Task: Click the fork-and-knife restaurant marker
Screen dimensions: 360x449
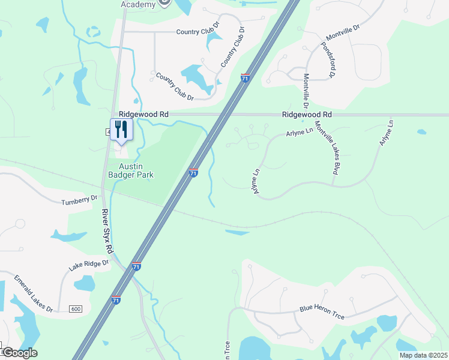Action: click(121, 129)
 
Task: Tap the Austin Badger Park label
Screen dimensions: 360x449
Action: click(136, 170)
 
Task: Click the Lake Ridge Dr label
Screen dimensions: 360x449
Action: click(88, 265)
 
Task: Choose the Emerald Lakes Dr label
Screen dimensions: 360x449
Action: click(34, 293)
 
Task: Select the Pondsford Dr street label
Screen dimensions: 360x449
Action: click(327, 60)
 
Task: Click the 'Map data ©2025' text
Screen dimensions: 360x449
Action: click(423, 355)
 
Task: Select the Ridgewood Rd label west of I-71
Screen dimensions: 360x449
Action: click(144, 114)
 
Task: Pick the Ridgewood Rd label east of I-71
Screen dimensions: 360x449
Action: click(307, 114)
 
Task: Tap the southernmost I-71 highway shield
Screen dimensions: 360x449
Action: click(116, 299)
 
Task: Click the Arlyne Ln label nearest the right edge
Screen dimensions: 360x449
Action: click(386, 133)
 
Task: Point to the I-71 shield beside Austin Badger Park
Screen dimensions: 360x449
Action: click(193, 172)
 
